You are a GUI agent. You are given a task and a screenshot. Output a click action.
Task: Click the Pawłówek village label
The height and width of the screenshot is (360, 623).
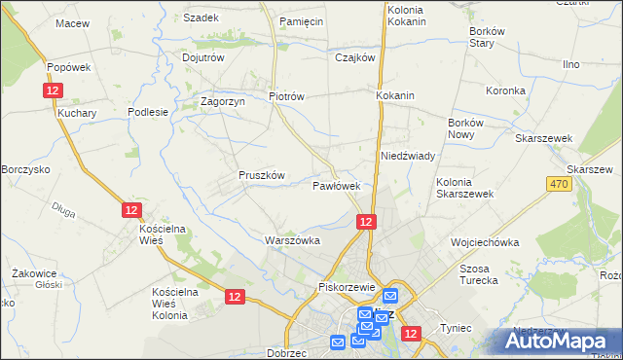click(337, 185)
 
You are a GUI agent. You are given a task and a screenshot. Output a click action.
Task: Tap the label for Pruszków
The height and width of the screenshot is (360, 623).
click(262, 175)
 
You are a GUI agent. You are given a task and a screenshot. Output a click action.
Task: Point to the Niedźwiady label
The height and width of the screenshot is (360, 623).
click(407, 156)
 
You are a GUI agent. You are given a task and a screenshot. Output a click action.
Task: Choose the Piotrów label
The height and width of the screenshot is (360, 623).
click(287, 96)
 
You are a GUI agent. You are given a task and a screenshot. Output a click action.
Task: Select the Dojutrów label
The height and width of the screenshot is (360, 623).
click(203, 57)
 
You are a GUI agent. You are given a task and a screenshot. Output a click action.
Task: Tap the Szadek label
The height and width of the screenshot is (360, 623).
click(201, 18)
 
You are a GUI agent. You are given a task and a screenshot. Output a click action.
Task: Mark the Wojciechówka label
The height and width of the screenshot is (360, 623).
click(484, 241)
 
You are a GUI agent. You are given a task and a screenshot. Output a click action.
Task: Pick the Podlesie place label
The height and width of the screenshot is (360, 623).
click(149, 112)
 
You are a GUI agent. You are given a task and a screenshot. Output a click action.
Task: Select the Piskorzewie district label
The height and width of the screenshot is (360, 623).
click(348, 287)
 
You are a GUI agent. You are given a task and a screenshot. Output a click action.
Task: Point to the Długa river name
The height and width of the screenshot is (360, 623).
click(64, 206)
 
